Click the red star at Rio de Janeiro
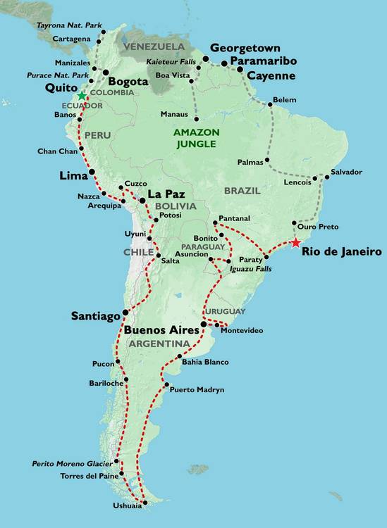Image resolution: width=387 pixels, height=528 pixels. click(x=295, y=243)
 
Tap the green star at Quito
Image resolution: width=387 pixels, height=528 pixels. click(x=82, y=96)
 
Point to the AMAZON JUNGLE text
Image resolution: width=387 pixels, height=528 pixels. click(x=197, y=137)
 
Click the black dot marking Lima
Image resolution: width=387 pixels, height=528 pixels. click(x=92, y=172)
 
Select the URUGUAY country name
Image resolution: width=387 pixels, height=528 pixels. click(x=226, y=311)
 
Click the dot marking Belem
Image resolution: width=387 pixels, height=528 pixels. click(x=270, y=105)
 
